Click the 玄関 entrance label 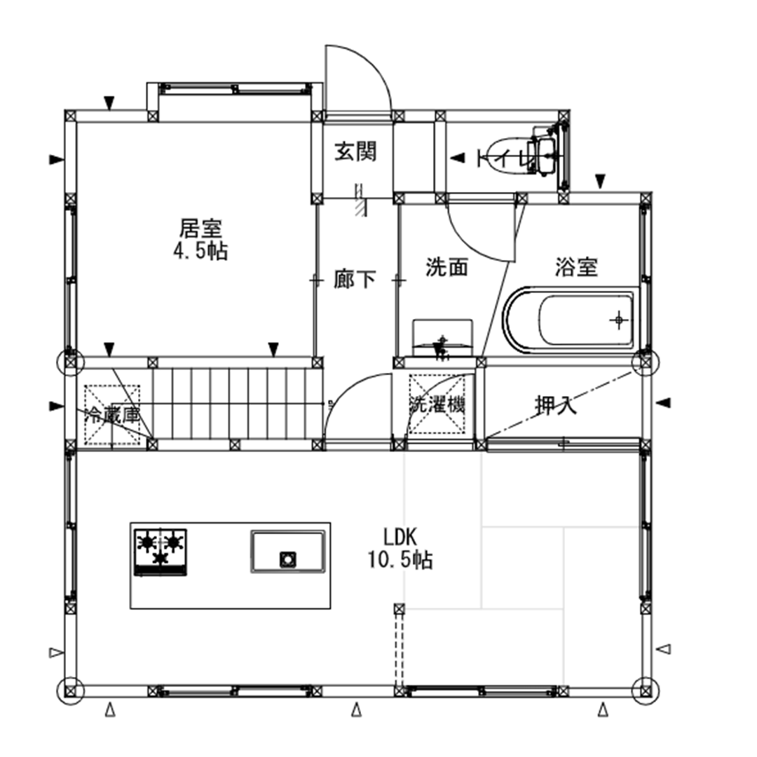point(355,151)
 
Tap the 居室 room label point(200,228)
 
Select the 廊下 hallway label point(355,280)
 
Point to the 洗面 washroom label point(446,267)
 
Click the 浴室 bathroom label point(576,267)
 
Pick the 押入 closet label point(555,405)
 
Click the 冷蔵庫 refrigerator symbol point(112,414)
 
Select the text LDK point(400,538)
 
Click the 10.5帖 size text point(400,560)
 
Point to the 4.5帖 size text point(200,251)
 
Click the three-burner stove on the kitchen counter point(161,551)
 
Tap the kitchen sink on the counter point(287,552)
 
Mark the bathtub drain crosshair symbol point(619,320)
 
